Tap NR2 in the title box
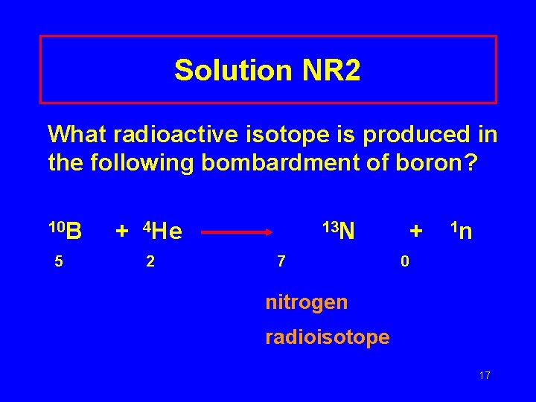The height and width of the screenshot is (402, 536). (x=331, y=71)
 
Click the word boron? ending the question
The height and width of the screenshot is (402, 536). (x=447, y=162)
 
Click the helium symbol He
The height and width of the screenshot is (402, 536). (x=169, y=233)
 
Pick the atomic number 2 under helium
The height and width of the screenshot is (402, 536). (x=150, y=262)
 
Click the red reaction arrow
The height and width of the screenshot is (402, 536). (x=237, y=232)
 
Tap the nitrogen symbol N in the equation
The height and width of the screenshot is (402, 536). (x=348, y=233)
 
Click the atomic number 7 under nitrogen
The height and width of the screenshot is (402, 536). (x=281, y=262)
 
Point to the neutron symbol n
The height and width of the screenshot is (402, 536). (x=465, y=233)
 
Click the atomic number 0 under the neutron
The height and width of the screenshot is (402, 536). (x=404, y=262)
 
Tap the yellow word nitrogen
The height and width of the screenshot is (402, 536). (x=306, y=302)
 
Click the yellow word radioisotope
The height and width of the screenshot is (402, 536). (x=327, y=337)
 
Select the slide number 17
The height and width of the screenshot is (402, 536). (x=484, y=375)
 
